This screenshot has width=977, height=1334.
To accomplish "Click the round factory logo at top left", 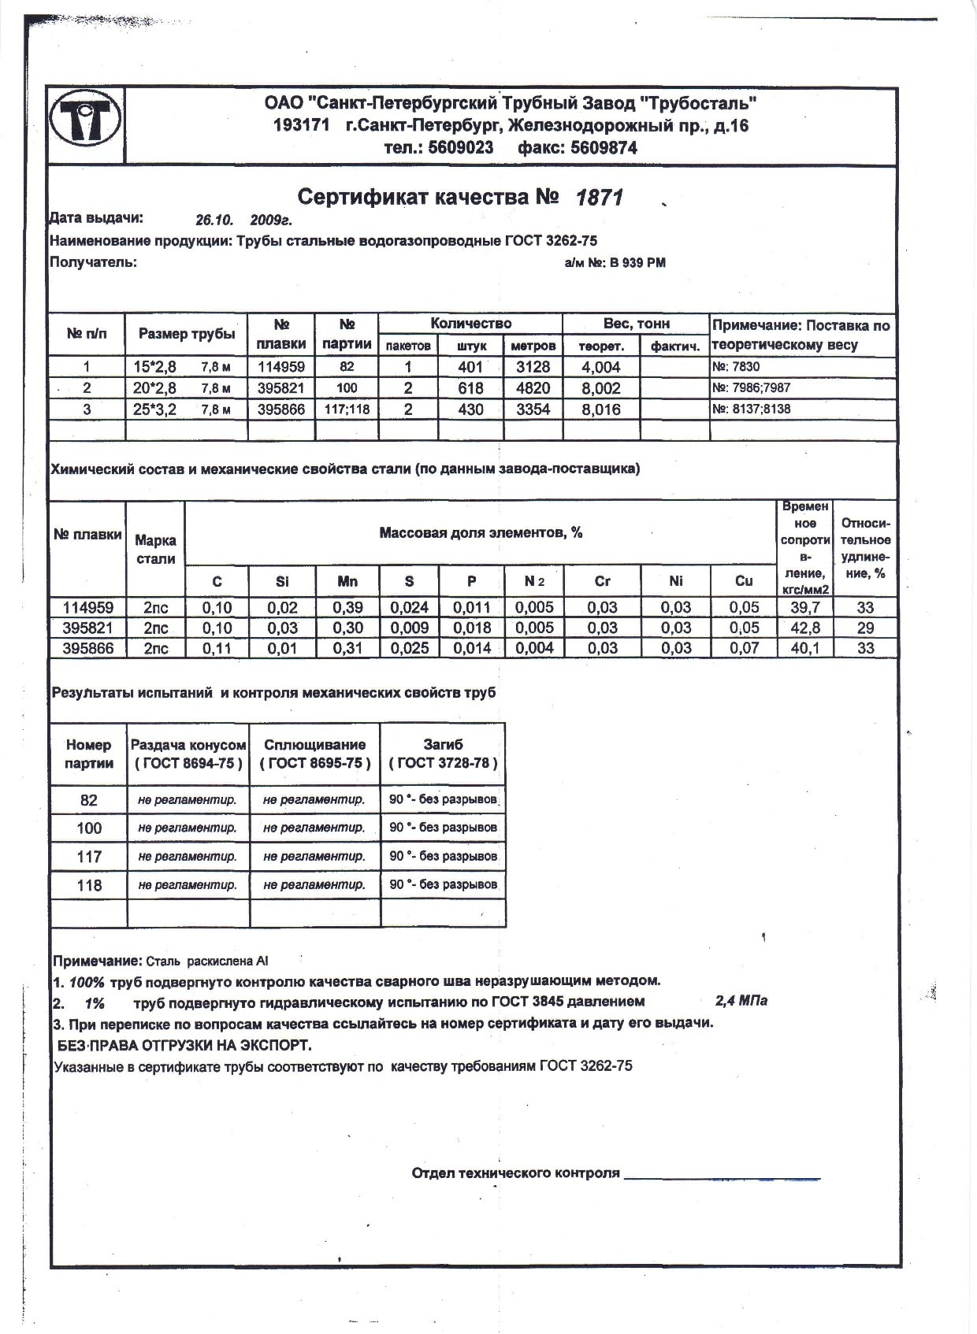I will click(85, 124).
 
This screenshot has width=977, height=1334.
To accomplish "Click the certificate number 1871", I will click(600, 198).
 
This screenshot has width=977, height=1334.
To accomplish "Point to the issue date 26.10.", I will click(211, 220).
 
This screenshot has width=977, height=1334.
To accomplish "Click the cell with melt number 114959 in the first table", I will click(281, 366).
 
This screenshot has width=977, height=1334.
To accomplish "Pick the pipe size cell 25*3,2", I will click(154, 409).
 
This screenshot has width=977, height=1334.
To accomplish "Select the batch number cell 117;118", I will click(347, 409).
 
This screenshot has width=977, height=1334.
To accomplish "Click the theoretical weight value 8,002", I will click(601, 388).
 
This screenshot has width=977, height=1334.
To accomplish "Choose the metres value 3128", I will click(533, 367).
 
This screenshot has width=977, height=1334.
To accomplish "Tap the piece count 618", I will click(470, 388).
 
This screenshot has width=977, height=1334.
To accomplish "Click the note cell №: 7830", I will click(737, 367).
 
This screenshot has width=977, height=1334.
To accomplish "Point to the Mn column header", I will click(347, 581).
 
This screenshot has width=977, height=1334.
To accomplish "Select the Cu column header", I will click(744, 581).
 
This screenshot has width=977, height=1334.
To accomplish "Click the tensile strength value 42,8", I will click(804, 628).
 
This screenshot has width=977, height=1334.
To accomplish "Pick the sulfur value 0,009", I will click(410, 628).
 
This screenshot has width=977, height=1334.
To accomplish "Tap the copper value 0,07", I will click(744, 648).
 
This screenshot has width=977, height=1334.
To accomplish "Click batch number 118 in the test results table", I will click(89, 885).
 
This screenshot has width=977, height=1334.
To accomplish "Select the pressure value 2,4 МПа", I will click(741, 1001).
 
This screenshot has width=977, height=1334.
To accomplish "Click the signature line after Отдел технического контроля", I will click(722, 1176).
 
